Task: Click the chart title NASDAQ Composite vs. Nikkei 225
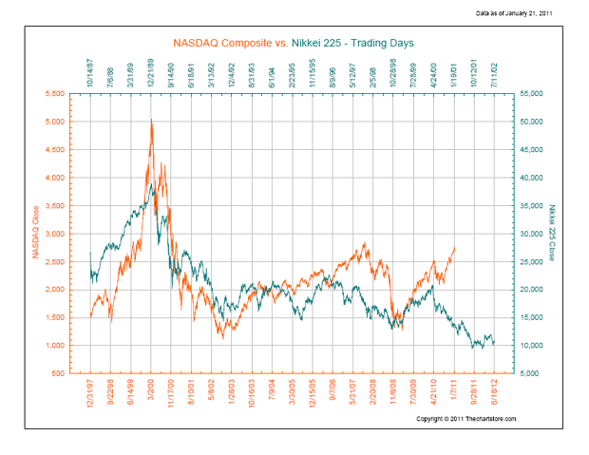pyautogui.click(x=292, y=43)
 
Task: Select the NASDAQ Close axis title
pyautogui.click(x=36, y=234)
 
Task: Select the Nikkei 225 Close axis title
pyautogui.click(x=551, y=233)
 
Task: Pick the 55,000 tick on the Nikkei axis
pyautogui.click(x=527, y=94)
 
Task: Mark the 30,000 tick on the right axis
pyautogui.click(x=527, y=234)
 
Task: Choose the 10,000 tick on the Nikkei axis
pyautogui.click(x=527, y=345)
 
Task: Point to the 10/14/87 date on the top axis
pyautogui.click(x=91, y=71)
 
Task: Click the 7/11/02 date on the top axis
pyautogui.click(x=494, y=73)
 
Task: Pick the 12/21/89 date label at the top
pyautogui.click(x=151, y=71)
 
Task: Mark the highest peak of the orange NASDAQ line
pyautogui.click(x=151, y=120)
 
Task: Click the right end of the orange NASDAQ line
pyautogui.click(x=455, y=247)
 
